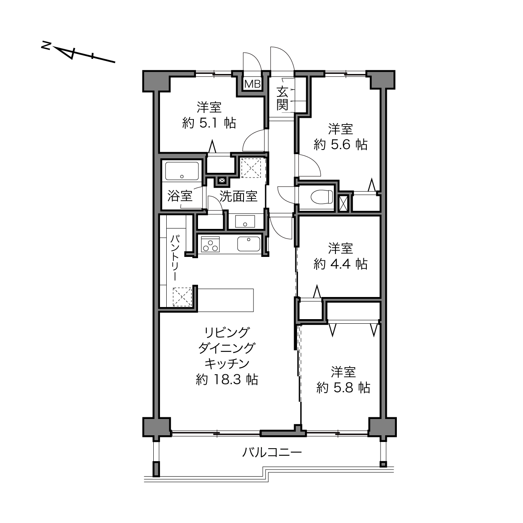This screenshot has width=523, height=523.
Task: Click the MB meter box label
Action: click(x=252, y=84)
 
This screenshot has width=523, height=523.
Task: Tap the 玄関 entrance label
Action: click(x=282, y=99)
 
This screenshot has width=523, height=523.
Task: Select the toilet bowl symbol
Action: click(x=322, y=196)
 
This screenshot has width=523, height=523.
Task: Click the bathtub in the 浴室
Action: click(x=182, y=171)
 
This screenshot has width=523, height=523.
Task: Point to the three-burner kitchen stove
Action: click(x=210, y=244)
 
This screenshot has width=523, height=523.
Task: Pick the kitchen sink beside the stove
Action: click(x=249, y=244)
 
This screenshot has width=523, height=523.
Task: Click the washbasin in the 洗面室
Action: click(x=245, y=221)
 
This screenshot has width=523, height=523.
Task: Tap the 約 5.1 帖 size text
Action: click(x=209, y=123)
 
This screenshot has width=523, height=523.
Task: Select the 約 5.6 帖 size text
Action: click(x=340, y=145)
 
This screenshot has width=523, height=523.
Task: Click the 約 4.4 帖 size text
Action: click(x=340, y=264)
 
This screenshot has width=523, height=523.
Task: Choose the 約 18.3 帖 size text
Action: click(x=227, y=379)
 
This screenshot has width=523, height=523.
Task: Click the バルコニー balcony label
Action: click(x=272, y=452)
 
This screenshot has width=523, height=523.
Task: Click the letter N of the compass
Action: click(x=46, y=46)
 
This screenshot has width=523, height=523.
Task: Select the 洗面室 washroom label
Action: click(x=238, y=196)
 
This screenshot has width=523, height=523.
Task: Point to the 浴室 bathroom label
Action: click(x=180, y=196)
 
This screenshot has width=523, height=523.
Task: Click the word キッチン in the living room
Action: click(x=227, y=364)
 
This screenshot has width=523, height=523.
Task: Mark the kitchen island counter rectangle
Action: click(x=225, y=300)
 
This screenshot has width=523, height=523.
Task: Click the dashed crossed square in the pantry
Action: click(x=183, y=297)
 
